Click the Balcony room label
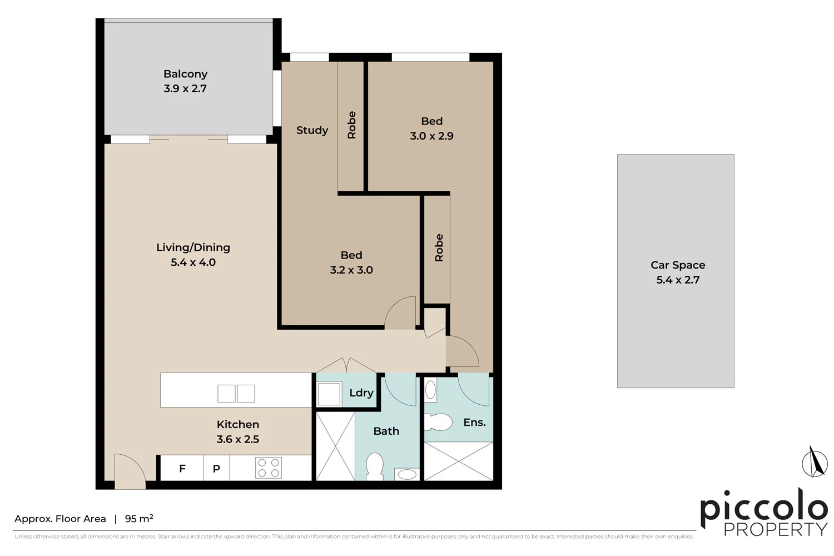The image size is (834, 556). click(185, 74)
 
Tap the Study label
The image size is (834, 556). click(312, 130)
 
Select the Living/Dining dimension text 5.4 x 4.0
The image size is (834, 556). click(193, 262)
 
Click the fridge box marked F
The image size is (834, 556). click(182, 468)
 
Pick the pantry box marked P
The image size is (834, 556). click(216, 468)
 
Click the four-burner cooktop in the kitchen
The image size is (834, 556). click(269, 468)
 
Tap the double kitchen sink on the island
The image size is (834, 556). click(236, 393)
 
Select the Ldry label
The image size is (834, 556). click(361, 393)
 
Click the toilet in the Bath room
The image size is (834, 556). click(375, 465)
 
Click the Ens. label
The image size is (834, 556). click(474, 423)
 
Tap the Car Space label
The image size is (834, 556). click(678, 265)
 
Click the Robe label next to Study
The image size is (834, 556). click(351, 125)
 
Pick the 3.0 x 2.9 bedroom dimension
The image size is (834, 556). click(431, 136)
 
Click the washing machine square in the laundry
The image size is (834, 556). click(329, 394)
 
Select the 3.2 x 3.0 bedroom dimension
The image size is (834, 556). click(351, 270)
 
